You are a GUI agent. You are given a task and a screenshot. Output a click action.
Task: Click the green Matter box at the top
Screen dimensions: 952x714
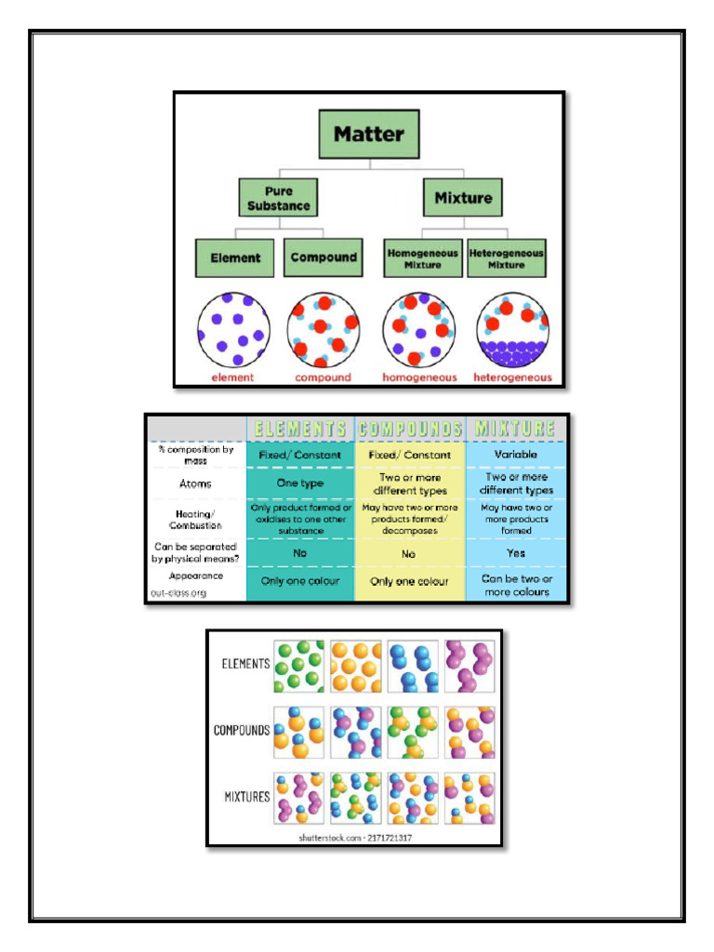click(x=369, y=134)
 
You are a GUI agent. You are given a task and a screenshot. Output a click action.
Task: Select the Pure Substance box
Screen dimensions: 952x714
click(x=277, y=198)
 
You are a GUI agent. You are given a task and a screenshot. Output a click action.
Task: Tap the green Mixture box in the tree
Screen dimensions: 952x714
click(x=463, y=198)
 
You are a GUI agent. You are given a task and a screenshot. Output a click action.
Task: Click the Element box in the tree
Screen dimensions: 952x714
click(x=234, y=258)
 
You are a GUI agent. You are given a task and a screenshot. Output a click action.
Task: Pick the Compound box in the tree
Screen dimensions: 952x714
click(x=322, y=258)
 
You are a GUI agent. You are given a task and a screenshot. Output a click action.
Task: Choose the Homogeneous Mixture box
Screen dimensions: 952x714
click(x=423, y=258)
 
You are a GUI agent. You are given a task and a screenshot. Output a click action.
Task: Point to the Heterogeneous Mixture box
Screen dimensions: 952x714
click(x=506, y=258)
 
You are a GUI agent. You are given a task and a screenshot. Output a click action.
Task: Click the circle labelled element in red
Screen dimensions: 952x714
click(x=232, y=329)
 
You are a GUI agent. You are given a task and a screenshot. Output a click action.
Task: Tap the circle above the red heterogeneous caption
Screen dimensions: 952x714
click(x=512, y=329)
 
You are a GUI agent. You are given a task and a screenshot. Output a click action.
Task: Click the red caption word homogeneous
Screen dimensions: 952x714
click(x=419, y=377)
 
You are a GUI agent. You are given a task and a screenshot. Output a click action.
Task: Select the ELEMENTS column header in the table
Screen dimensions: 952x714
click(x=300, y=429)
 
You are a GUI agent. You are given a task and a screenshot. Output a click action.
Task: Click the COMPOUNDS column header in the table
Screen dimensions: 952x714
click(x=409, y=429)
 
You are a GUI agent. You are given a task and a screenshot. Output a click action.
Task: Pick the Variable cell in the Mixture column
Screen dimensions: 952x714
click(x=515, y=455)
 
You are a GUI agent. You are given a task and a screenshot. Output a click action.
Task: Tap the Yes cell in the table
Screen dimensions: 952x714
click(x=515, y=553)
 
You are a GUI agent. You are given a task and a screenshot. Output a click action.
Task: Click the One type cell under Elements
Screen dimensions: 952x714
click(x=299, y=483)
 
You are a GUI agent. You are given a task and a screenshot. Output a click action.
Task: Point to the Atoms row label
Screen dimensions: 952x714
click(x=195, y=483)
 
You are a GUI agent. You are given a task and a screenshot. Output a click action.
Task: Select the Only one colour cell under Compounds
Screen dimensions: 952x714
click(x=409, y=581)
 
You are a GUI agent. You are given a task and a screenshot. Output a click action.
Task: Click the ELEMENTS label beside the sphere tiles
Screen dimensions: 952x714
click(x=245, y=664)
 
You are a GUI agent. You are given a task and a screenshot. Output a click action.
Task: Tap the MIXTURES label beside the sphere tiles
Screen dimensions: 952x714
click(x=246, y=797)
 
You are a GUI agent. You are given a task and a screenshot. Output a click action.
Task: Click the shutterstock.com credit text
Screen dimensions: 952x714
click(x=355, y=837)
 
